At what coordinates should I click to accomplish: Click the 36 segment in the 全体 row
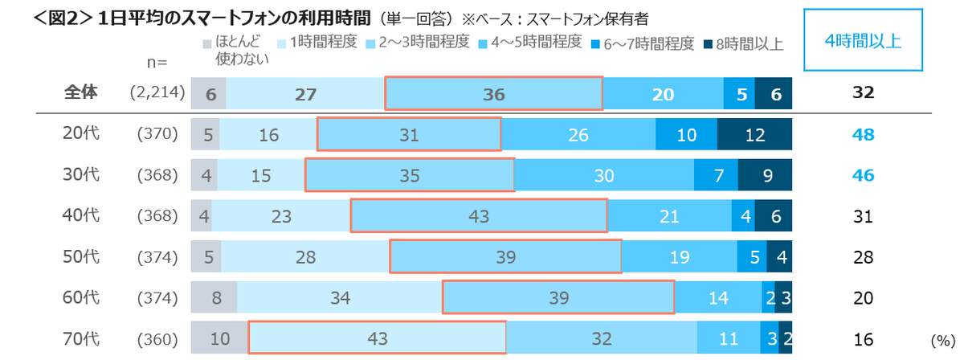pos(493,93)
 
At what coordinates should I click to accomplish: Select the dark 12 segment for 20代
pos(754,135)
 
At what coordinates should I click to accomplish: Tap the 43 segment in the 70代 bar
pos(377,338)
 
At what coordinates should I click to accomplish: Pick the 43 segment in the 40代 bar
pos(479,216)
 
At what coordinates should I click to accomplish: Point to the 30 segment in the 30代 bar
pos(604,175)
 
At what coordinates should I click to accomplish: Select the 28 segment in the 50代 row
pos(305,257)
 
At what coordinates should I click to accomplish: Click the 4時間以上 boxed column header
pos(864,42)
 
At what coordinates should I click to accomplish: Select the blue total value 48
pos(863,135)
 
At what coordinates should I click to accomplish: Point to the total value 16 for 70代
pos(863,338)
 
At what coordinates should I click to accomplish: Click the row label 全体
pos(80,93)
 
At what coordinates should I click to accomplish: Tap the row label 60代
pos(80,298)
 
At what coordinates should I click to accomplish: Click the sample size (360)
pos(157,339)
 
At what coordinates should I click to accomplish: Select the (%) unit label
pos(942,341)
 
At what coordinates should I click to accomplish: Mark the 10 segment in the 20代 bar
pos(686,135)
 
